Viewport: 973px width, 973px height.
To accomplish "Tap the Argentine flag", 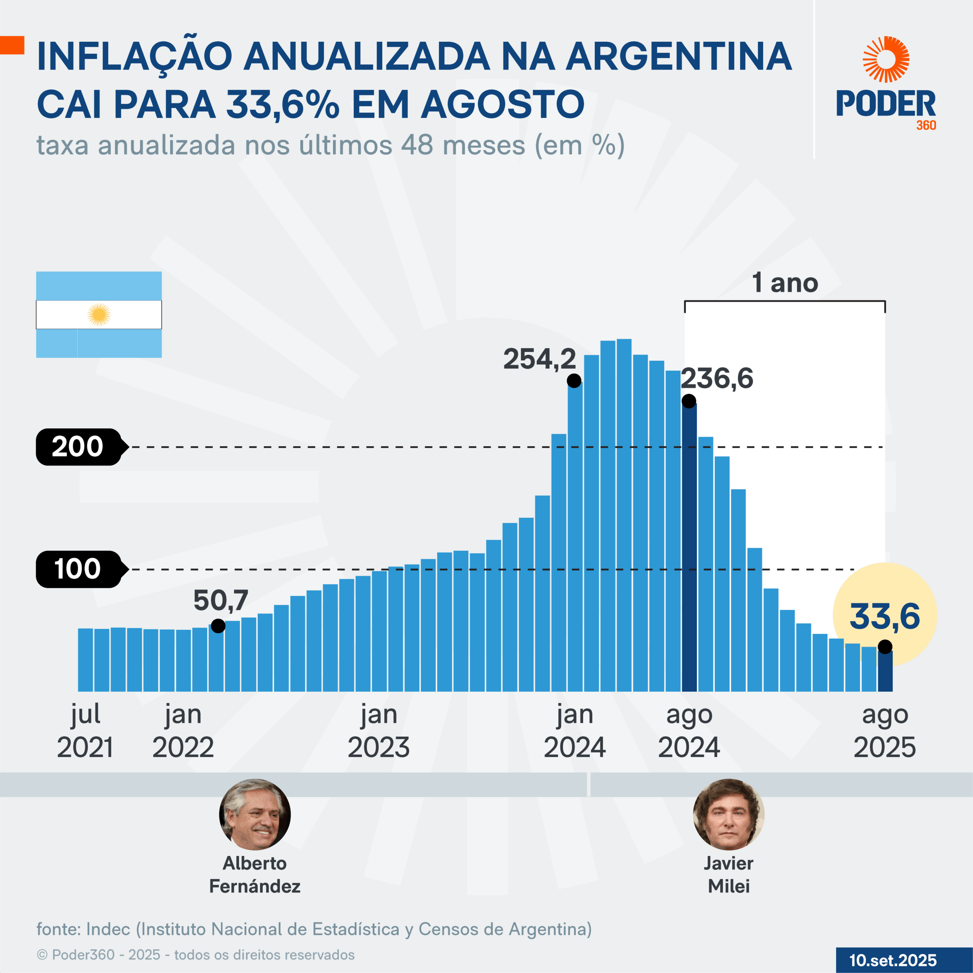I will tap(99, 315).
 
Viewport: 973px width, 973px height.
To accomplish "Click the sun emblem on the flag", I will tap(99, 315).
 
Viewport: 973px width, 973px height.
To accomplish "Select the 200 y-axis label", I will tap(78, 447).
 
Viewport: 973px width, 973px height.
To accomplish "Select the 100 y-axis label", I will tap(78, 569).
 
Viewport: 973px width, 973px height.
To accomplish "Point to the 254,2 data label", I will tap(539, 359).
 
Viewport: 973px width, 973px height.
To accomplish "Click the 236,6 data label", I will tap(717, 378).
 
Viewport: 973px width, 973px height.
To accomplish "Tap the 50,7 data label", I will tap(220, 600).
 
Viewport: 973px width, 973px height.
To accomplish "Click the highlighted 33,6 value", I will tap(884, 616).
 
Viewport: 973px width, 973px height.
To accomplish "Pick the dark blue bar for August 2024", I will tap(689, 549).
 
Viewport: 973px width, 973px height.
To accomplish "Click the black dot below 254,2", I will tap(574, 381).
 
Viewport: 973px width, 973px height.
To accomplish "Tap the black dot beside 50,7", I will tap(218, 626).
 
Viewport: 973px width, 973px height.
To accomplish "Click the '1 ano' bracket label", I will tap(784, 283).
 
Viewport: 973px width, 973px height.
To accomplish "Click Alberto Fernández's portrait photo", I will tap(255, 815).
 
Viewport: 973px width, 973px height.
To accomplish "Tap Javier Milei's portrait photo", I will tap(728, 815).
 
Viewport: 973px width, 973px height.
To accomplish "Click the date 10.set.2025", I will tap(892, 960).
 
